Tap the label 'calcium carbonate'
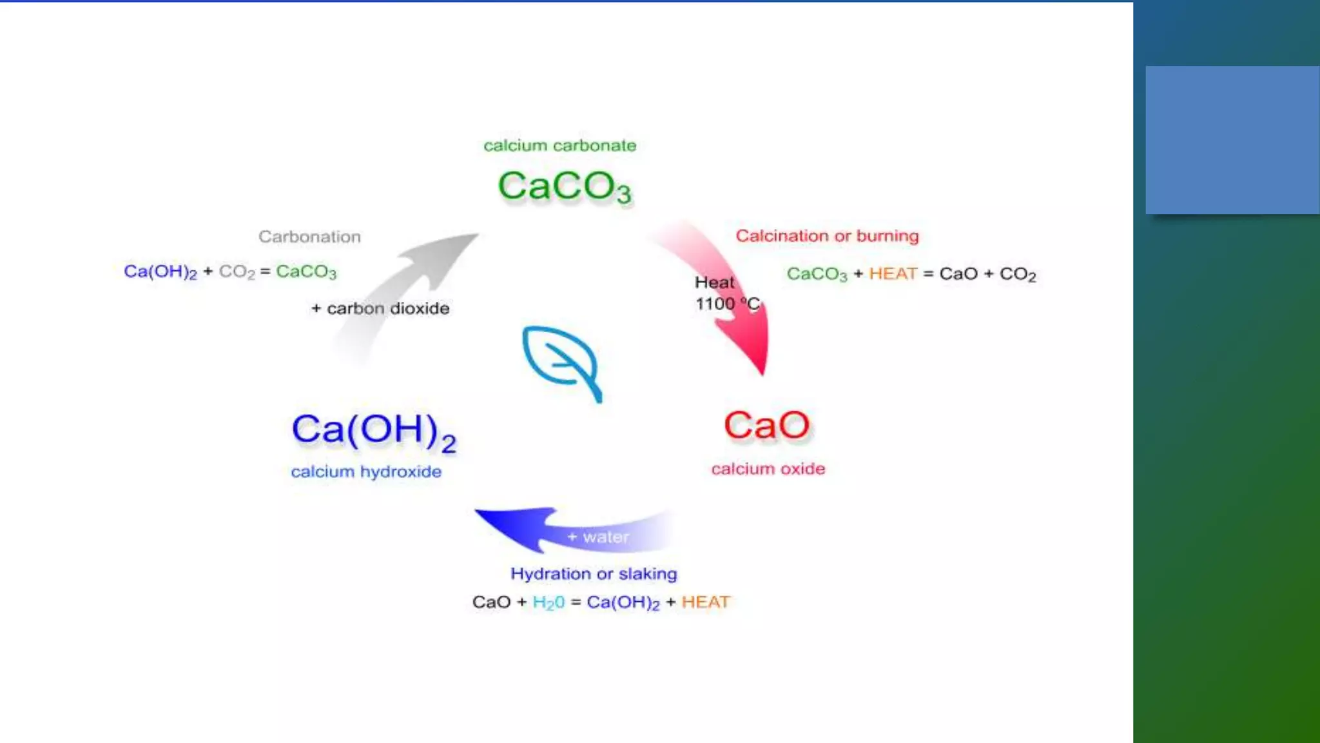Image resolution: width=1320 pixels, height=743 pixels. click(559, 146)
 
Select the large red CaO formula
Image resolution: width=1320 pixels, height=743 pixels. click(766, 426)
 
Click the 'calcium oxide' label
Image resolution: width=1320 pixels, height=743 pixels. click(768, 469)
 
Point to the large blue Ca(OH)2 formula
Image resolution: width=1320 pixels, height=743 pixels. click(374, 431)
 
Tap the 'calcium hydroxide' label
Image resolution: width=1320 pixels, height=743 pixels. click(366, 472)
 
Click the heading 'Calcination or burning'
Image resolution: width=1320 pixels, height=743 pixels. click(827, 236)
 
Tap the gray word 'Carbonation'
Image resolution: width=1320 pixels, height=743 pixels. click(309, 237)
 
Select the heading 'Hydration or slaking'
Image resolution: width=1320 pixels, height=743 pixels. click(594, 574)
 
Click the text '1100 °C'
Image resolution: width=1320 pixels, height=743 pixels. click(727, 304)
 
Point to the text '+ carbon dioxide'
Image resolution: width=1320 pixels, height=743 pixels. click(380, 308)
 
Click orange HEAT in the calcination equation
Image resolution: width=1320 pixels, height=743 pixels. click(893, 274)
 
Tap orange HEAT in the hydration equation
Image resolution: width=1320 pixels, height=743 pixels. click(706, 602)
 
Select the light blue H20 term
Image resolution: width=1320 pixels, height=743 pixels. click(548, 602)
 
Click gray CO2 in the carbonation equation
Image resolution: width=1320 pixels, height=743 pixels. click(237, 272)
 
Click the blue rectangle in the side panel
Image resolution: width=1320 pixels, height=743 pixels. click(1232, 140)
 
